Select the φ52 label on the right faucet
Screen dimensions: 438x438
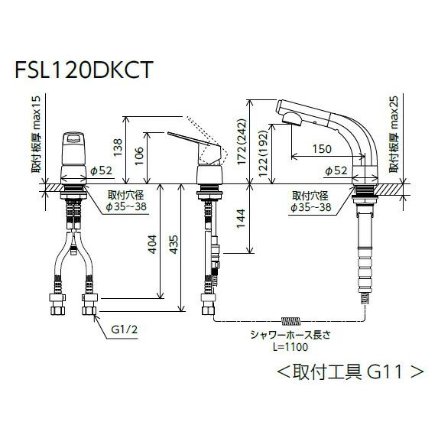[x=337, y=170]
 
